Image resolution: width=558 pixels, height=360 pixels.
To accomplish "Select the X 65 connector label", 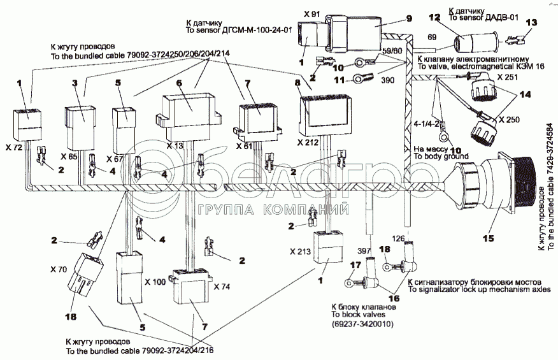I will pyautogui.click(x=70, y=156).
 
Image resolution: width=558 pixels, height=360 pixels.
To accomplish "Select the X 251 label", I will pyautogui.click(x=509, y=76).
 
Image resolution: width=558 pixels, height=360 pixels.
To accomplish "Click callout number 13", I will pyautogui.click(x=531, y=22).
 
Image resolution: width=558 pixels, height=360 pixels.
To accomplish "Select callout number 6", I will pyautogui.click(x=179, y=83).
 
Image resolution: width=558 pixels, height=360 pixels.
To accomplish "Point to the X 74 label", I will pyautogui.click(x=222, y=285).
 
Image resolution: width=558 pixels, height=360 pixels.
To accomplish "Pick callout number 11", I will pyautogui.click(x=340, y=80).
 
